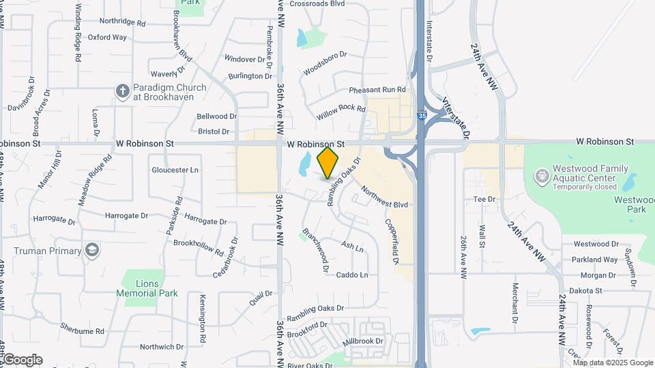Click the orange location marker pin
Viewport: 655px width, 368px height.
pos(328,162)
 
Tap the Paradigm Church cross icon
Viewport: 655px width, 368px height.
pos(123,91)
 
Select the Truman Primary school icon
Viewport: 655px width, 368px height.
pos(91,250)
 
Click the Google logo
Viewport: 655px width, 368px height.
pos(22,360)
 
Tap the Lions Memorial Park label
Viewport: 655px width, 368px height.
pos(147,288)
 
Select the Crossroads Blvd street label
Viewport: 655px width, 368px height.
pos(317,3)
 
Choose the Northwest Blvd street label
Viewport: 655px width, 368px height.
pos(384,196)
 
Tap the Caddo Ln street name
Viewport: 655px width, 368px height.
pos(353,275)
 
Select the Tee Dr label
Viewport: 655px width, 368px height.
pos(484,199)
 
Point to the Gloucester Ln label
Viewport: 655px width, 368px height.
pos(175,170)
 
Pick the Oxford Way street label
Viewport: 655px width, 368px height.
pos(107,37)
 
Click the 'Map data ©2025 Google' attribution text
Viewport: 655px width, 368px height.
pos(613,363)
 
